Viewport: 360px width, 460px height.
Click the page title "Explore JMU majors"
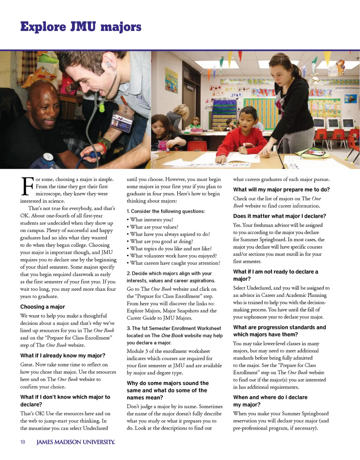click(x=81, y=27)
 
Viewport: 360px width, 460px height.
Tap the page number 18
click(x=22, y=442)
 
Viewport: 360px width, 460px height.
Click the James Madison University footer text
click(x=75, y=442)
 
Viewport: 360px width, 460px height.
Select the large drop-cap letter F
click(x=27, y=187)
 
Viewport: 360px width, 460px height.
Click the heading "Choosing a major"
click(x=42, y=307)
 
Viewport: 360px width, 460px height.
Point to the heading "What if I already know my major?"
click(x=63, y=355)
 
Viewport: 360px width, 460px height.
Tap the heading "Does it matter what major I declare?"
click(x=279, y=216)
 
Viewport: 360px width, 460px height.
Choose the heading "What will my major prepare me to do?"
click(x=281, y=189)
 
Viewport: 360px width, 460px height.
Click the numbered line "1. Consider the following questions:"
click(x=166, y=211)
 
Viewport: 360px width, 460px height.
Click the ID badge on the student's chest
click(x=122, y=121)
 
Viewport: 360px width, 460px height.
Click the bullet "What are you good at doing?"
click(x=161, y=241)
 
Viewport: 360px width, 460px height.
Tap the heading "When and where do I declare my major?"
click(x=270, y=401)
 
